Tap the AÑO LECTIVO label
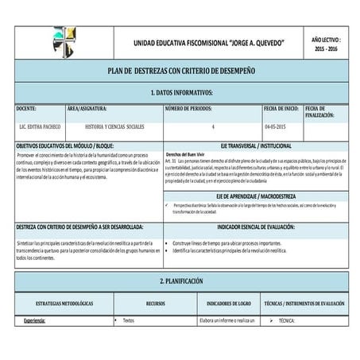tap(325, 37)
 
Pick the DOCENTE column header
tap(26, 108)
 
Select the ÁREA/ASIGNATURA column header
tap(94, 108)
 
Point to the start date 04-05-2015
tap(278, 127)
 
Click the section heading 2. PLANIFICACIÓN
tap(180, 282)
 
